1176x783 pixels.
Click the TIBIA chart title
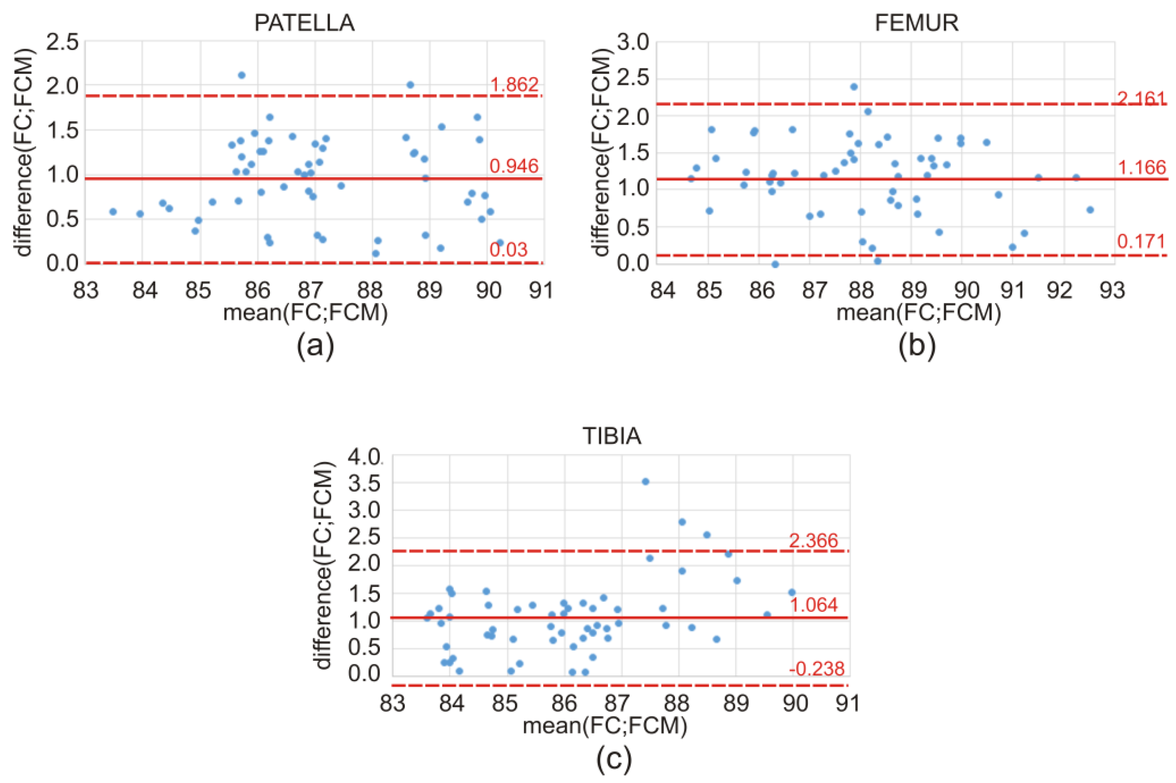click(x=612, y=436)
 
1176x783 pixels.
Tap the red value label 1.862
click(x=514, y=84)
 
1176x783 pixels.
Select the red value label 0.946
click(x=514, y=166)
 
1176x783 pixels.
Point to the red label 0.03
click(x=508, y=249)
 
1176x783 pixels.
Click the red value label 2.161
click(x=1141, y=99)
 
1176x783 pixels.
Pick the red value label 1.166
click(x=1141, y=167)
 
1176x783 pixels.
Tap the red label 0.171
click(x=1141, y=241)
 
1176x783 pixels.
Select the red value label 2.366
click(x=814, y=540)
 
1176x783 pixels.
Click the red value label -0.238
click(x=816, y=668)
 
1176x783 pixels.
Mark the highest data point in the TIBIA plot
click(x=645, y=481)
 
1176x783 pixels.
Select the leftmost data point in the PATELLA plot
click(x=113, y=212)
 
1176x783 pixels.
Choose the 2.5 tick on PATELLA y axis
click(x=62, y=42)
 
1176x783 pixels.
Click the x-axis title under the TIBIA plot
click(x=605, y=726)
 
